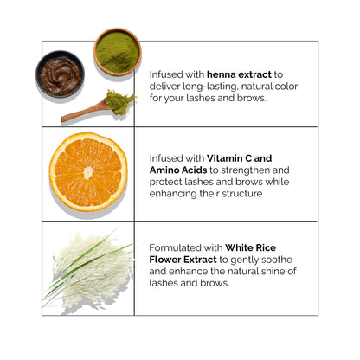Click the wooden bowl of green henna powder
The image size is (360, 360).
[x=118, y=52]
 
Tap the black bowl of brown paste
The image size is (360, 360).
[x=61, y=74]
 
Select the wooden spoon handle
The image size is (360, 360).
[x=81, y=112]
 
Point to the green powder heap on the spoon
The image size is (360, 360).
[x=119, y=101]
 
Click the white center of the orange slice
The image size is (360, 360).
[x=88, y=172]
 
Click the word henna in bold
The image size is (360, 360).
[x=222, y=74]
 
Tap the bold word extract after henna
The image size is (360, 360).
[x=255, y=74]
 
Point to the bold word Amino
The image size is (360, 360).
[x=163, y=170]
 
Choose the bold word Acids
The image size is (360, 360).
[x=193, y=170]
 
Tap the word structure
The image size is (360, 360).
[x=242, y=194]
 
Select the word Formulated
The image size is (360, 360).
[x=176, y=247]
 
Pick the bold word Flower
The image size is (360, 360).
[x=165, y=260]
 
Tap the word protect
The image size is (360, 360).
[x=165, y=183]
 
